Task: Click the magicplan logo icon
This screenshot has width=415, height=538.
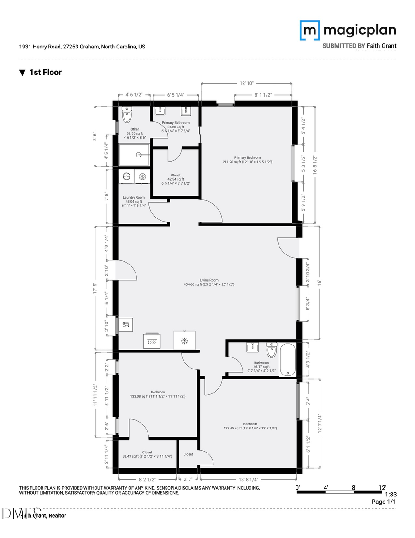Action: tap(309, 30)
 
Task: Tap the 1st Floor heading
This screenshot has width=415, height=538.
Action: tap(45, 72)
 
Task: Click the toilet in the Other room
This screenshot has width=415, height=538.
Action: tap(127, 114)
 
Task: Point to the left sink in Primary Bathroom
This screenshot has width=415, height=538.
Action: tap(160, 111)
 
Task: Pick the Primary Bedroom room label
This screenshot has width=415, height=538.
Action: tap(248, 157)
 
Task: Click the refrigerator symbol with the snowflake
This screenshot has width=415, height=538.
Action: tap(184, 341)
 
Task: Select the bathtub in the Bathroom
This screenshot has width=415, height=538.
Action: tap(288, 359)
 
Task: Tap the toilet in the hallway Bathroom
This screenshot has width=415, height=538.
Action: tap(271, 351)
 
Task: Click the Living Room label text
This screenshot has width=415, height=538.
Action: tap(209, 280)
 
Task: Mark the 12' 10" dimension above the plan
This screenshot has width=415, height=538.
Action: tap(247, 84)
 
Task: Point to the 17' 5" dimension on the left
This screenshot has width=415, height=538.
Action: tap(95, 288)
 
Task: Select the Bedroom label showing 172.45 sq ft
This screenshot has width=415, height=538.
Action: tap(250, 424)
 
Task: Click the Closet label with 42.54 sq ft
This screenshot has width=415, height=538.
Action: tap(176, 175)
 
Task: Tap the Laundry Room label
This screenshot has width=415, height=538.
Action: tap(134, 197)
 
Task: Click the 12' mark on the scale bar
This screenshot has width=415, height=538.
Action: tap(382, 487)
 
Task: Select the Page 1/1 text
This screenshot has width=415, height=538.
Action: tap(384, 502)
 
